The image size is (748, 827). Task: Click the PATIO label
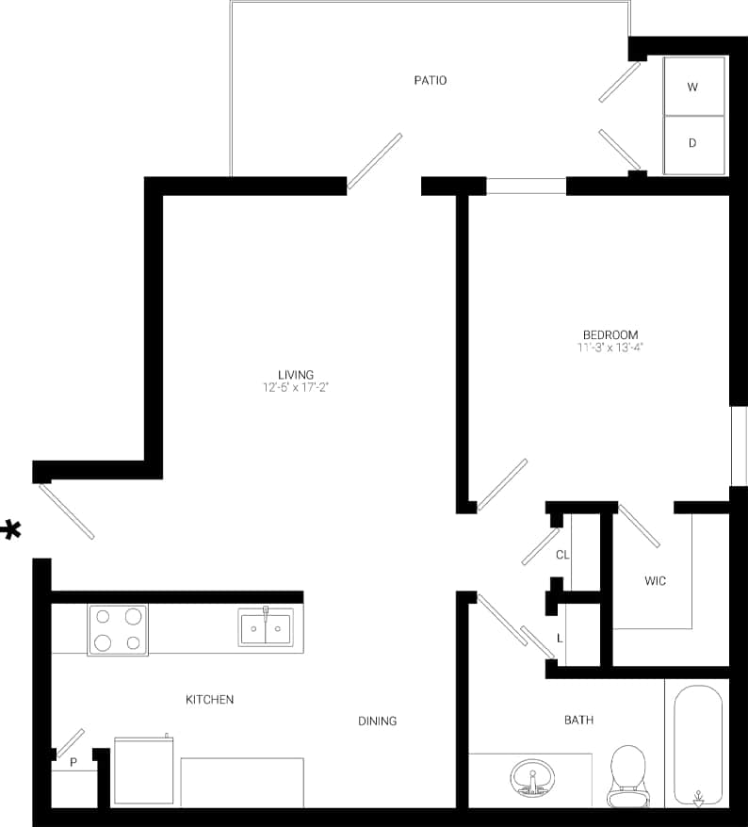pos(430,80)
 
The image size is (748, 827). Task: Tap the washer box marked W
pos(693,87)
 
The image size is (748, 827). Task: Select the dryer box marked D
pos(693,144)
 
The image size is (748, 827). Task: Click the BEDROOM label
pos(610,334)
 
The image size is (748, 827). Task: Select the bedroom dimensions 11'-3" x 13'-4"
pos(610,348)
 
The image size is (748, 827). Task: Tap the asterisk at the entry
pos(11,530)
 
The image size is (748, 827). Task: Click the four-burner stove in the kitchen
pos(118,630)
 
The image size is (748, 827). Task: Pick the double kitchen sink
pos(266,627)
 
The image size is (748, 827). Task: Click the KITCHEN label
pos(209,700)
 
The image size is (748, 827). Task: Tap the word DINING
pos(377,722)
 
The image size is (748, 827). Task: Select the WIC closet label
pos(655,581)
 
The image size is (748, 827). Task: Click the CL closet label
pos(562,555)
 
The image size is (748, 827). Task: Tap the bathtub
pos(698,744)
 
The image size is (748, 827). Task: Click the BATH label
pos(578,721)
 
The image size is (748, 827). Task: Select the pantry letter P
pos(73,762)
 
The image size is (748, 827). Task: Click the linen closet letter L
pos(561,638)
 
